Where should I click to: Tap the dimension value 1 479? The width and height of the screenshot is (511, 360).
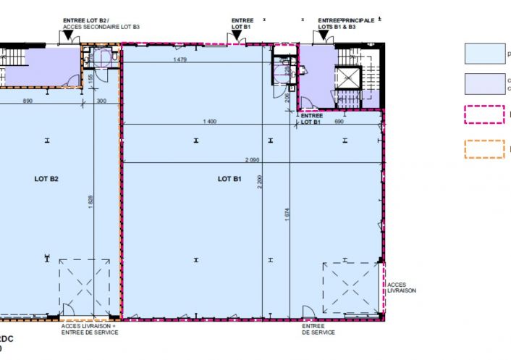[180, 60]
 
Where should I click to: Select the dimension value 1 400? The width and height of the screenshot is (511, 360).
[210, 121]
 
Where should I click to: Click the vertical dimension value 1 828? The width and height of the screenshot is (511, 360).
[90, 202]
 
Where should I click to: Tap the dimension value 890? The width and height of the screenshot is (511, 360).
[28, 101]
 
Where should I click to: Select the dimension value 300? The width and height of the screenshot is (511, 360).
[101, 101]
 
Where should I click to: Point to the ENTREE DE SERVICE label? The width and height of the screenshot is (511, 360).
[318, 330]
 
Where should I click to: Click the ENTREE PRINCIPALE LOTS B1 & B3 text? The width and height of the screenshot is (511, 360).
[346, 23]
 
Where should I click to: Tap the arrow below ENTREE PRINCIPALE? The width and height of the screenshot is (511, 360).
[324, 34]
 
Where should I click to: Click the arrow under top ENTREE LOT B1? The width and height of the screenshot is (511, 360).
[237, 34]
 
